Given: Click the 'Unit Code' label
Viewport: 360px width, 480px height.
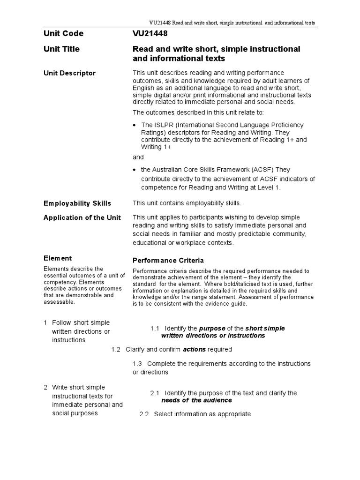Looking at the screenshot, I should coord(63,34).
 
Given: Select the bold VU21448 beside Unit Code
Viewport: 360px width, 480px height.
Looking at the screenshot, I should coord(150,34).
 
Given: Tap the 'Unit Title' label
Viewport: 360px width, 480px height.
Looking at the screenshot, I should coord(61,49).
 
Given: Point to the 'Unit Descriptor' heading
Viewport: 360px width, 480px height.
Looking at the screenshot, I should coord(69,73).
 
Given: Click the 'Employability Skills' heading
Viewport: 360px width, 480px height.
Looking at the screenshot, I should coord(77,203).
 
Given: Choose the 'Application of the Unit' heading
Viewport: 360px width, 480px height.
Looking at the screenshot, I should coord(82,217).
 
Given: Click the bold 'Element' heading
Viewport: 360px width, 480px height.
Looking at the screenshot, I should coord(58,258).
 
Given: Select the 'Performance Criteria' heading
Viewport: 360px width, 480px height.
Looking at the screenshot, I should coord(168,260).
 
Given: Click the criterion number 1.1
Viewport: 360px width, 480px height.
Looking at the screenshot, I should coord(155,328).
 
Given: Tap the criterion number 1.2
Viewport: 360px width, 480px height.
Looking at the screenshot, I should coord(116,350).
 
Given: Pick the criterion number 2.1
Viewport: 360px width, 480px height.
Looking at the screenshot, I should coord(155,393).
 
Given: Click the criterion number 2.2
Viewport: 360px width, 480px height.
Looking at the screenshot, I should coord(144,414).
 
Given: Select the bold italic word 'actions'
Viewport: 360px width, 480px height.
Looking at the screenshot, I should coord(194,350).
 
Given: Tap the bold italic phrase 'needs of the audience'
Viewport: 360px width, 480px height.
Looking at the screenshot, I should coord(196,400).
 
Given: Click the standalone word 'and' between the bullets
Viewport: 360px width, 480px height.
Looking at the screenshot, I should coord(138,157).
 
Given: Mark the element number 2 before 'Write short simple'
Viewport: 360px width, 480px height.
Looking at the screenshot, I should coord(45,387).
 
